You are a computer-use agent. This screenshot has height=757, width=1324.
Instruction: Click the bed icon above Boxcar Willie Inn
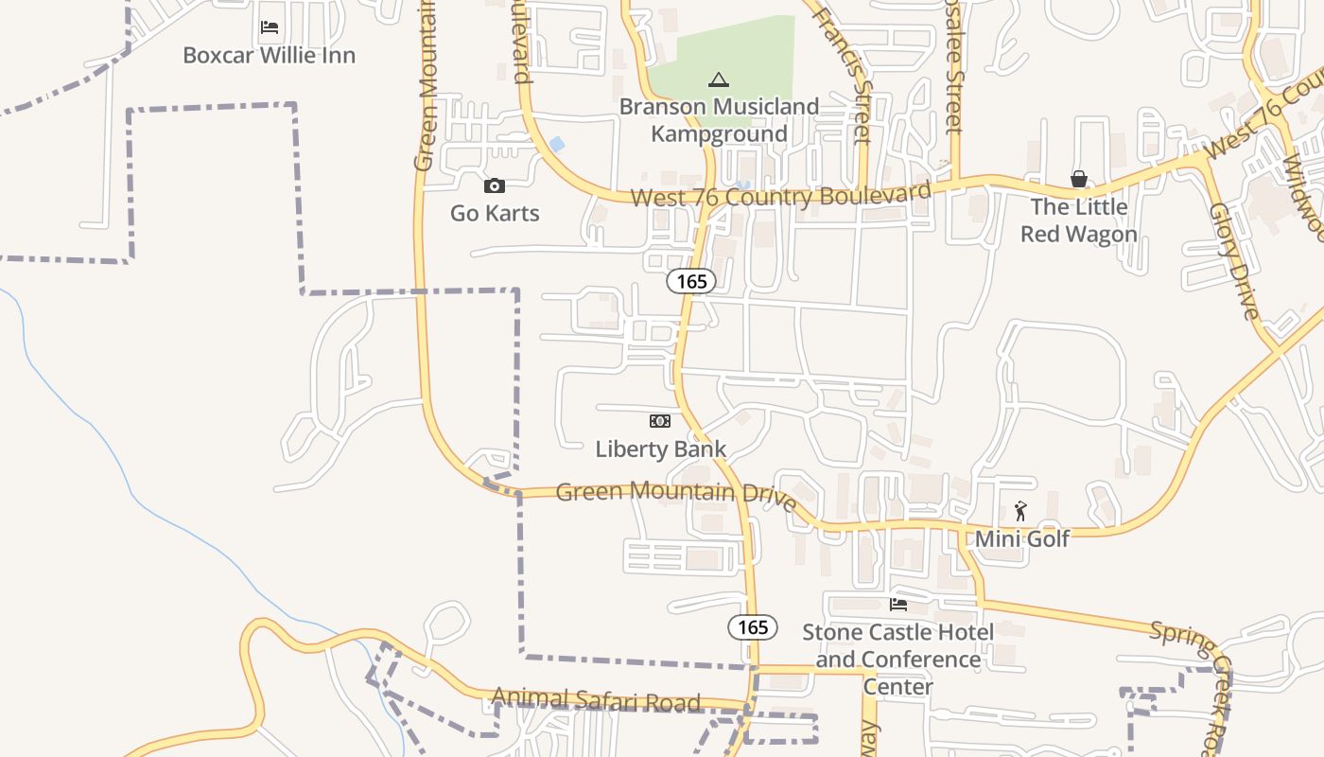point(270,27)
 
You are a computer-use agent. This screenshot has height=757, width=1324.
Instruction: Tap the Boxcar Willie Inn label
point(270,55)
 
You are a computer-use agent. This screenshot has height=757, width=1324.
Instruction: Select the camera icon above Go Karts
point(495,186)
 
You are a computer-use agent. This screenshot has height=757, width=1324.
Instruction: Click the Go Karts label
point(495,213)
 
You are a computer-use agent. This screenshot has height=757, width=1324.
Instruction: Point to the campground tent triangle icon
point(719,79)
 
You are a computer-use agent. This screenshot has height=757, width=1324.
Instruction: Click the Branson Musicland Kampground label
point(719,120)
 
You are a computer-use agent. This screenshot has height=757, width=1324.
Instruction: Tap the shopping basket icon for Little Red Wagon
point(1078,179)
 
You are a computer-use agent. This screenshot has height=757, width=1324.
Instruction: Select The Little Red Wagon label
point(1078,220)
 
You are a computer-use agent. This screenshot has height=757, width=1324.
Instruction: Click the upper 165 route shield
point(691,281)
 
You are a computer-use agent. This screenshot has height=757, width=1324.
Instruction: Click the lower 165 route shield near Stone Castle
point(753,627)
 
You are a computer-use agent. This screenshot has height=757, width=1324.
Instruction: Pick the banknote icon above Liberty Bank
point(660,421)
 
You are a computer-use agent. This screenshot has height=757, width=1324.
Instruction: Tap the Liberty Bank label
point(660,449)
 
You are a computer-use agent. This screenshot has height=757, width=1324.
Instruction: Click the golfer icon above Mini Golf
point(1020,512)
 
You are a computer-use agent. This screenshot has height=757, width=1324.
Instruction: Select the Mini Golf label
point(1021,538)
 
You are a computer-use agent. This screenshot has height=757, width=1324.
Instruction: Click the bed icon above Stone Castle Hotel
point(897,604)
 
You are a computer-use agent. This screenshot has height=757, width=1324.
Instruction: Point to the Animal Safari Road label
point(596,701)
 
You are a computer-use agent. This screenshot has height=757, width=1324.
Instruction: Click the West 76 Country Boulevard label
point(780,196)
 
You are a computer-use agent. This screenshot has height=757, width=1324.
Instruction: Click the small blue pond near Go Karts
point(557,145)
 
